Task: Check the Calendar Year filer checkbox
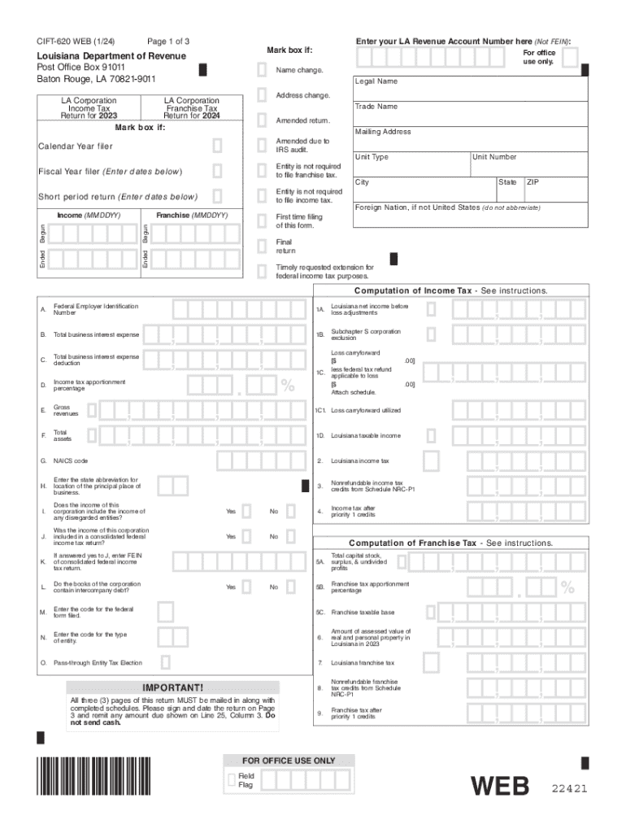point(217,146)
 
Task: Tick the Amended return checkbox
point(262,121)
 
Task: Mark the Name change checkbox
point(262,71)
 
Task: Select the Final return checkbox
point(262,246)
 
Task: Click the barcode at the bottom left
point(94,776)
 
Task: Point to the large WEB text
point(502,787)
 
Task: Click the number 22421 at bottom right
point(569,789)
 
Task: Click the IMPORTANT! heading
point(172,687)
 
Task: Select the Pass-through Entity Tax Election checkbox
point(165,662)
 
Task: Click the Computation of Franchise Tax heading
point(450,543)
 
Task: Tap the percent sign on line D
point(288,385)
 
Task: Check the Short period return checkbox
point(217,196)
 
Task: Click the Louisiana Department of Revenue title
point(111,56)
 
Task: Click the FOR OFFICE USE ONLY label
point(288,761)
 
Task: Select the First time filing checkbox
point(262,221)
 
